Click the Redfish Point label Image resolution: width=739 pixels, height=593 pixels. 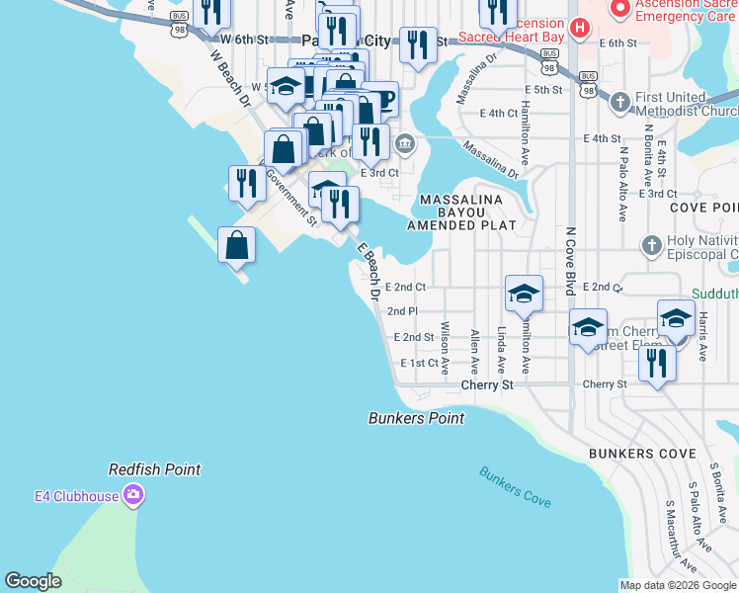(x=154, y=470)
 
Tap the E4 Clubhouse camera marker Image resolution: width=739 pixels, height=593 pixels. (x=134, y=496)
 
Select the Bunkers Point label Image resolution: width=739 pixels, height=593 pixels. (x=416, y=418)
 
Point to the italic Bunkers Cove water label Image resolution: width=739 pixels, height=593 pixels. (x=515, y=486)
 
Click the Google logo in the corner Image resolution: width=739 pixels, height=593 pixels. (x=33, y=581)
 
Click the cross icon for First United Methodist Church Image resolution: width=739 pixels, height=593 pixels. (x=619, y=102)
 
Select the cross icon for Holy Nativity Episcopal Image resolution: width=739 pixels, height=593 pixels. (x=650, y=244)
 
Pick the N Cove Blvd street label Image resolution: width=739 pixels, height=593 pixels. (x=570, y=261)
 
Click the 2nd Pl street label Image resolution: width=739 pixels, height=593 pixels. (x=402, y=311)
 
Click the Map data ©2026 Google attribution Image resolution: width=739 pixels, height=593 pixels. (x=678, y=585)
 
